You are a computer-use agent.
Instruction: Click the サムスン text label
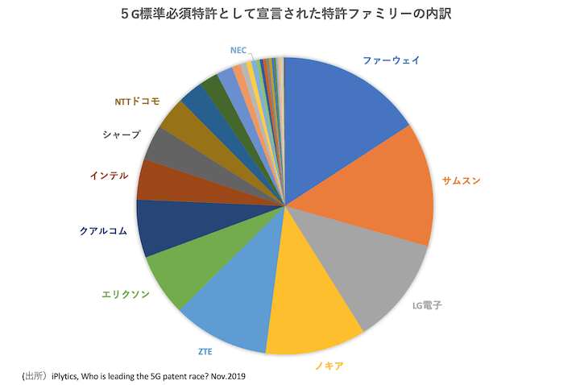coord(462,180)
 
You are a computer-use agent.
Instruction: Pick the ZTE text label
coord(206,351)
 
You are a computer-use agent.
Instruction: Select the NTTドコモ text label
coord(137,101)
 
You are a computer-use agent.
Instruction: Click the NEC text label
coord(238,50)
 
